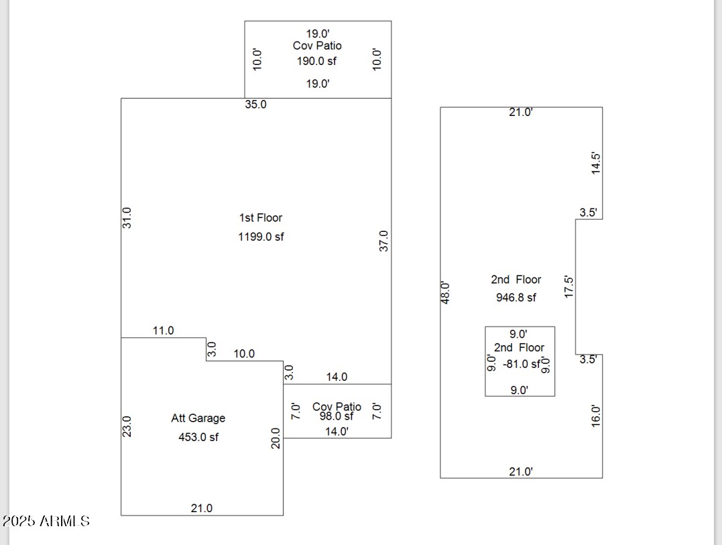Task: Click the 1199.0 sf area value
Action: click(261, 237)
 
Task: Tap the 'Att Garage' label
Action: click(198, 418)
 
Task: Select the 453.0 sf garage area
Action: click(198, 437)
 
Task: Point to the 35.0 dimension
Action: click(255, 105)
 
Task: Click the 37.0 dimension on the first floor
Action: click(383, 241)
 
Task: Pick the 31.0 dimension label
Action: click(127, 217)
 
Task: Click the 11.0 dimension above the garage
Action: click(163, 330)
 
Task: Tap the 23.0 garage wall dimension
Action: click(127, 426)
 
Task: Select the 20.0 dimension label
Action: click(276, 438)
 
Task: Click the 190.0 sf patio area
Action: click(316, 61)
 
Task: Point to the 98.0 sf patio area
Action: click(337, 416)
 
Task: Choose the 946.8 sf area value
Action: click(516, 298)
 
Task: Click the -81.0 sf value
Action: click(522, 364)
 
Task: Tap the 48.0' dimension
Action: click(446, 292)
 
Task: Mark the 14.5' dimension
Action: click(596, 164)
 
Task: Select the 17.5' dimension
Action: click(569, 286)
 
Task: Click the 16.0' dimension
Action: click(596, 416)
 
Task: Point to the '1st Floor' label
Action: click(261, 218)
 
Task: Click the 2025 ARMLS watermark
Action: click(46, 521)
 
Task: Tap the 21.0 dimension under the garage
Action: click(201, 508)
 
